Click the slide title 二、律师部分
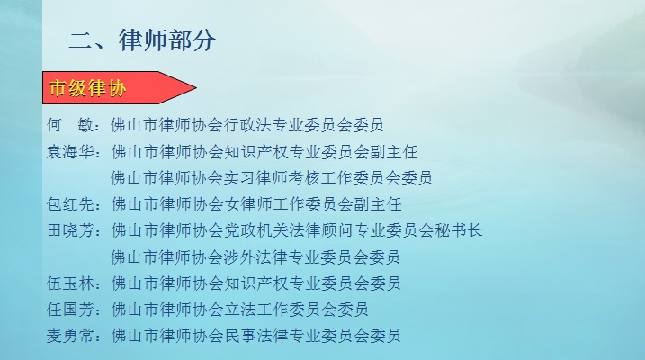pyautogui.click(x=142, y=40)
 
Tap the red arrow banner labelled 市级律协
pyautogui.click(x=120, y=87)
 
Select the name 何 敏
pyautogui.click(x=70, y=125)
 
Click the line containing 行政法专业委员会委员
pyautogui.click(x=247, y=125)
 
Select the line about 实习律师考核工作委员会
pyautogui.click(x=272, y=178)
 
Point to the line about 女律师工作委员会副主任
pyautogui.click(x=255, y=204)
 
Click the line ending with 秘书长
pyautogui.click(x=297, y=230)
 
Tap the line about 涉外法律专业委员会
pyautogui.click(x=255, y=257)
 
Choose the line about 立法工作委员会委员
pyautogui.click(x=239, y=310)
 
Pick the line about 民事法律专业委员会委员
pyautogui.click(x=255, y=336)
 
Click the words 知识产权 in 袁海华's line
pyautogui.click(x=255, y=152)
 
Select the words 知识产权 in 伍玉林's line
pyautogui.click(x=255, y=283)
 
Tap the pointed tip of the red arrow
pyautogui.click(x=196, y=87)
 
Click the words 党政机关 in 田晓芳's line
pyautogui.click(x=255, y=230)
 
